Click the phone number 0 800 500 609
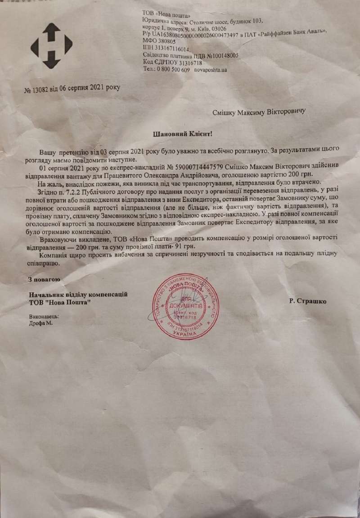173,70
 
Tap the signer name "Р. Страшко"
309,301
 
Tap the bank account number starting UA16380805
197,35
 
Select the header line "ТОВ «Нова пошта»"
165,14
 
